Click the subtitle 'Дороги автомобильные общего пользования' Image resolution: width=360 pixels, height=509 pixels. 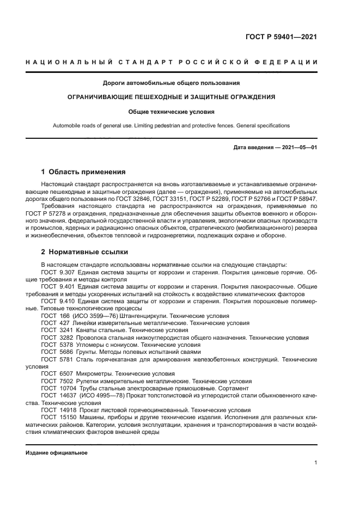(x=172, y=83)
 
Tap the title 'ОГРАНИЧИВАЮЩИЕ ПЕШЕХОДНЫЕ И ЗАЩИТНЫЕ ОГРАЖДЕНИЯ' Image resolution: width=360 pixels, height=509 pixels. (x=172, y=97)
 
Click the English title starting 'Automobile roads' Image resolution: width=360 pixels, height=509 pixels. (x=172, y=125)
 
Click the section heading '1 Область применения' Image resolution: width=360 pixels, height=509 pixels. (x=83, y=171)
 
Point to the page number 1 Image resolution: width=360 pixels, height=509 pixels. (x=315, y=463)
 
